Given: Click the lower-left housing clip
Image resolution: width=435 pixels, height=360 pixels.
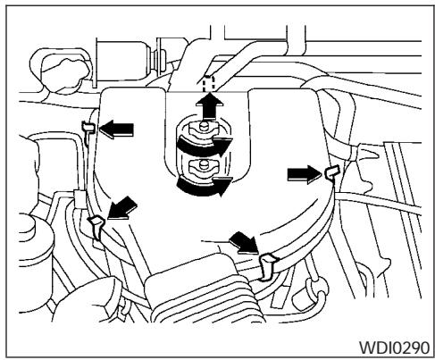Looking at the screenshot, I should [x=99, y=228].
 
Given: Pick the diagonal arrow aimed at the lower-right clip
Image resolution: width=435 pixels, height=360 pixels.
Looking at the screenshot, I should [x=243, y=239].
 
